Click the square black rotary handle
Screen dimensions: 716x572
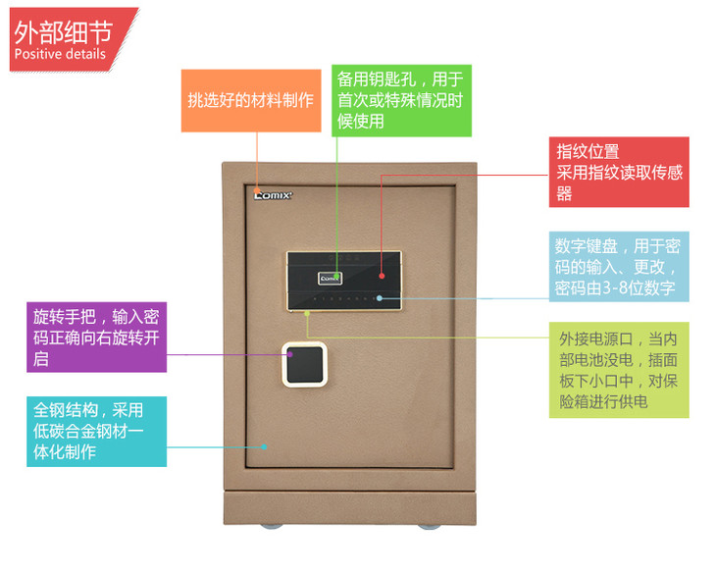click(305, 364)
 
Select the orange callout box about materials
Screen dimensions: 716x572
click(250, 100)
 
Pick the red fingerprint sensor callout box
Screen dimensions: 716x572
click(618, 172)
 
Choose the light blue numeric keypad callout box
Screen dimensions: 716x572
click(617, 266)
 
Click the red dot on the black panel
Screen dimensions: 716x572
click(383, 178)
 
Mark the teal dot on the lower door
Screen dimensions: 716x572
click(267, 443)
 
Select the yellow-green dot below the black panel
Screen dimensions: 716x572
click(307, 313)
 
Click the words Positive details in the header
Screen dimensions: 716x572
click(60, 54)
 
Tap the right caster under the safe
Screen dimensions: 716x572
click(429, 527)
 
